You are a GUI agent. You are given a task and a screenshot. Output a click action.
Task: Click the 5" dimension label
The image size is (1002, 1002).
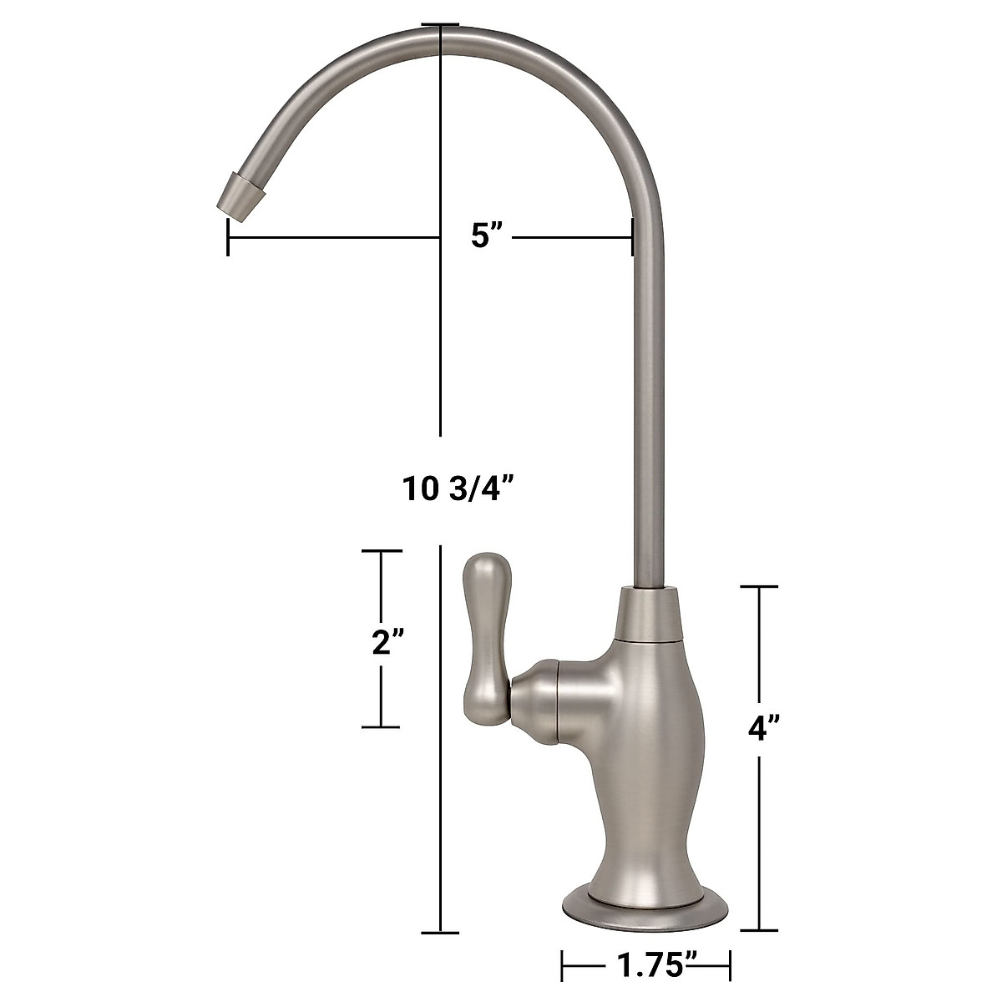(x=487, y=236)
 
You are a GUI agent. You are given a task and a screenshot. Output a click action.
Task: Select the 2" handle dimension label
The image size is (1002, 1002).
(x=388, y=643)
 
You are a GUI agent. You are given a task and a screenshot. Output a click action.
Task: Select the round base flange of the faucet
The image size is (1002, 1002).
(x=645, y=901)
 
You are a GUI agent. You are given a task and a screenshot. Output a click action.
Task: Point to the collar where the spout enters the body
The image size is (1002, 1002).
(x=649, y=615)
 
